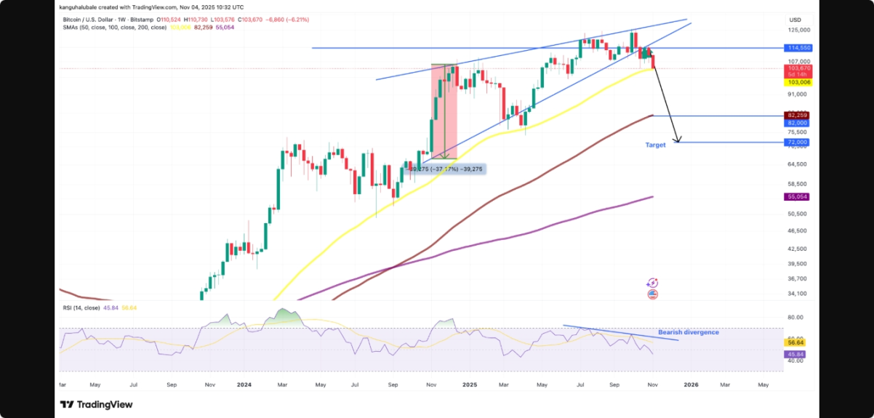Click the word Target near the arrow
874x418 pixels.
click(655, 145)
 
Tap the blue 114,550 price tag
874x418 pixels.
click(797, 47)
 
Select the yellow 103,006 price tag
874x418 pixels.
click(797, 82)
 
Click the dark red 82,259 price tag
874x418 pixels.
click(797, 115)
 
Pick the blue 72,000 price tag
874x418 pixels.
click(797, 142)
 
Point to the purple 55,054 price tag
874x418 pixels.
click(797, 197)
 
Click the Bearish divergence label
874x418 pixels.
click(688, 332)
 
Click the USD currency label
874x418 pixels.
click(795, 20)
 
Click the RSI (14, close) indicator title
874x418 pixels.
click(79, 308)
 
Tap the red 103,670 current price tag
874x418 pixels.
click(797, 68)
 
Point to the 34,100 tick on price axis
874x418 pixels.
click(797, 294)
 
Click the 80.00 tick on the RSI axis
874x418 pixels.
click(795, 318)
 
